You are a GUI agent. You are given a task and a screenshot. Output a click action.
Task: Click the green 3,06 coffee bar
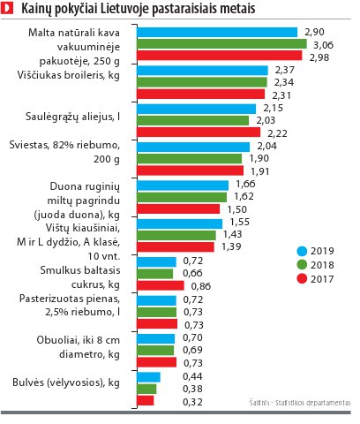click(221, 44)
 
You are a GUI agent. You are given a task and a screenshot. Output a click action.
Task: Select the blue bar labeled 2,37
click(202, 71)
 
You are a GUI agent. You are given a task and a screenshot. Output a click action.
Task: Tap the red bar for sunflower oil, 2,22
click(199, 132)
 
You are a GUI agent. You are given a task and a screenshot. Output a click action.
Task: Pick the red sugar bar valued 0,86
click(161, 285)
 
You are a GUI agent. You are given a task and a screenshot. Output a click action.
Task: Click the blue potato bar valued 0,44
click(148, 377)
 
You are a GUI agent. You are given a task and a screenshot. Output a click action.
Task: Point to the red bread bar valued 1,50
click(178, 208)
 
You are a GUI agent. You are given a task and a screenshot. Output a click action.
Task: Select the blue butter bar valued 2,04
click(193, 147)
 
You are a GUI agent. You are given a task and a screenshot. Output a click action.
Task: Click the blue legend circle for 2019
click(302, 251)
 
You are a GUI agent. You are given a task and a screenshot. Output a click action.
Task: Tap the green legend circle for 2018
click(302, 265)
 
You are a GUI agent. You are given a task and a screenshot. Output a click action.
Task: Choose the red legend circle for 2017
click(302, 279)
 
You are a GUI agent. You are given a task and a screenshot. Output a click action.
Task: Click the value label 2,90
click(314, 32)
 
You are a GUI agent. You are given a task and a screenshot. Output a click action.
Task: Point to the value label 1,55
click(240, 222)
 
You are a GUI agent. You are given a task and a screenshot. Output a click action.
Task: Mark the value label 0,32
click(192, 402)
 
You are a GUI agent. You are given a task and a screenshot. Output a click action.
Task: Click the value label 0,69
click(192, 350)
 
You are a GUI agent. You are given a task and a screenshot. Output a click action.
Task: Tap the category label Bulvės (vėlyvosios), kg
click(66, 382)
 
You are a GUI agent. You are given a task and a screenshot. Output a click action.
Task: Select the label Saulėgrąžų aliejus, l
click(72, 117)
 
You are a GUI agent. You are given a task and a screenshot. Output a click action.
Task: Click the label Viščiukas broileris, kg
click(69, 75)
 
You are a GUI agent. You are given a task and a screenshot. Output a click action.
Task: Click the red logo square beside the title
click(7, 8)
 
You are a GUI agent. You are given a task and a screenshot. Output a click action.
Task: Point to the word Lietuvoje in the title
click(125, 9)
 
